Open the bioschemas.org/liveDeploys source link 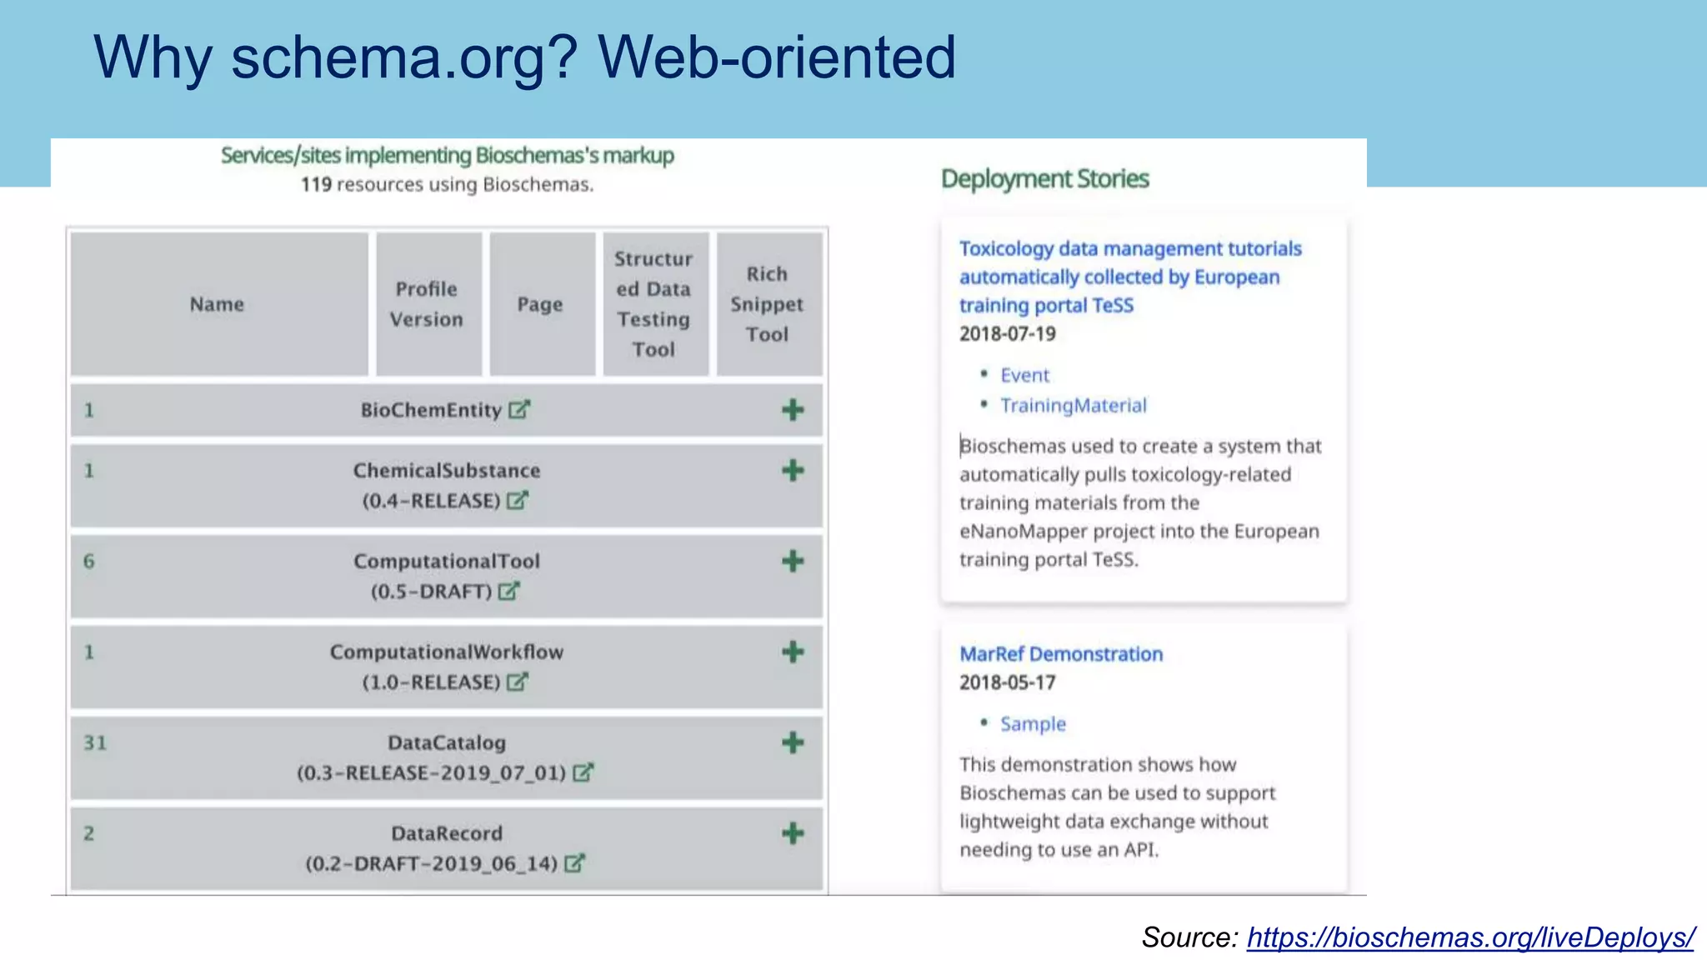(1470, 937)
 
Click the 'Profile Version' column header (427, 304)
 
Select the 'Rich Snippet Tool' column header (767, 304)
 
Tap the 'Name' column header (217, 304)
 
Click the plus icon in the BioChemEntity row (793, 410)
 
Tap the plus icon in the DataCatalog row (793, 742)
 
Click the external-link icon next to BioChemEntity (519, 410)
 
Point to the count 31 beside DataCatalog (95, 742)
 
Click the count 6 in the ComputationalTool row (89, 561)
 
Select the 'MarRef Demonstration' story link (1060, 654)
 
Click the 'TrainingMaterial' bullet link (1073, 406)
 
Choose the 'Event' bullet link (1024, 375)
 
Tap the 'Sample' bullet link (1033, 724)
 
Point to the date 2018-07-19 (1007, 334)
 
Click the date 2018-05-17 (1007, 682)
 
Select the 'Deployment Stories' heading (1044, 178)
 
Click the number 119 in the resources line (316, 184)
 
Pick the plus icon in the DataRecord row (793, 833)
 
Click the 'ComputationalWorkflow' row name (447, 652)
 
